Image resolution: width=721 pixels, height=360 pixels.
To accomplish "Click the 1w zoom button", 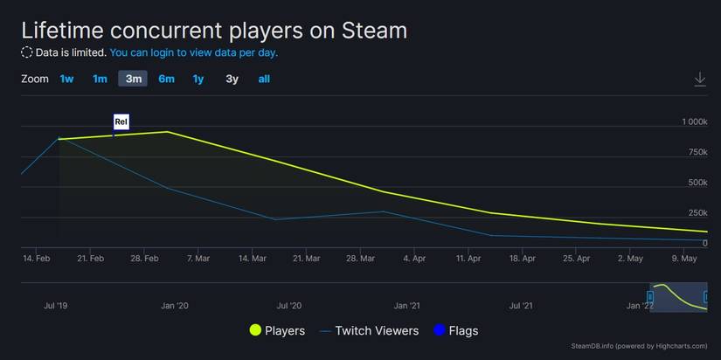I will [x=66, y=79].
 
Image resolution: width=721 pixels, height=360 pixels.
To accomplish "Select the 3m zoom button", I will [x=133, y=79].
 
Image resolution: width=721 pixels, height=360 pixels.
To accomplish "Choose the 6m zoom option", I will [x=166, y=79].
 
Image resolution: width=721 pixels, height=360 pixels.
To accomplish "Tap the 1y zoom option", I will [x=198, y=79].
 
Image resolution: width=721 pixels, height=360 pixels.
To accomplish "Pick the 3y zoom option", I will [x=232, y=79].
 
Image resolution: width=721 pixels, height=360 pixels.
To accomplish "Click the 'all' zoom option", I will [x=264, y=79].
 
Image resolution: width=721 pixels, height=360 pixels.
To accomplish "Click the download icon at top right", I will [x=699, y=80].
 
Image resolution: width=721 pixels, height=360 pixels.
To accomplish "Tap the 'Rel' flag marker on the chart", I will [x=121, y=121].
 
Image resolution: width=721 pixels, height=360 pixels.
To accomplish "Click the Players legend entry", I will [x=278, y=330].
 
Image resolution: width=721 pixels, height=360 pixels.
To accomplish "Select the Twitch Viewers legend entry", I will [x=370, y=330].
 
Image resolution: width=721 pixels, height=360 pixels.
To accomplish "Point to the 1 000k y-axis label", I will [x=694, y=121].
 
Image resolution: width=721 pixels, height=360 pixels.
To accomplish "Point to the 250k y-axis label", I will [x=697, y=212].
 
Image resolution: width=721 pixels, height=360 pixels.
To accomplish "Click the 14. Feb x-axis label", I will [x=36, y=259].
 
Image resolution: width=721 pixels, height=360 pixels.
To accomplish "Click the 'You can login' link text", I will [x=194, y=52].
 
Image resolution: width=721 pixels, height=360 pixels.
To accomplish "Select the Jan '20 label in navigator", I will [x=175, y=305].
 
